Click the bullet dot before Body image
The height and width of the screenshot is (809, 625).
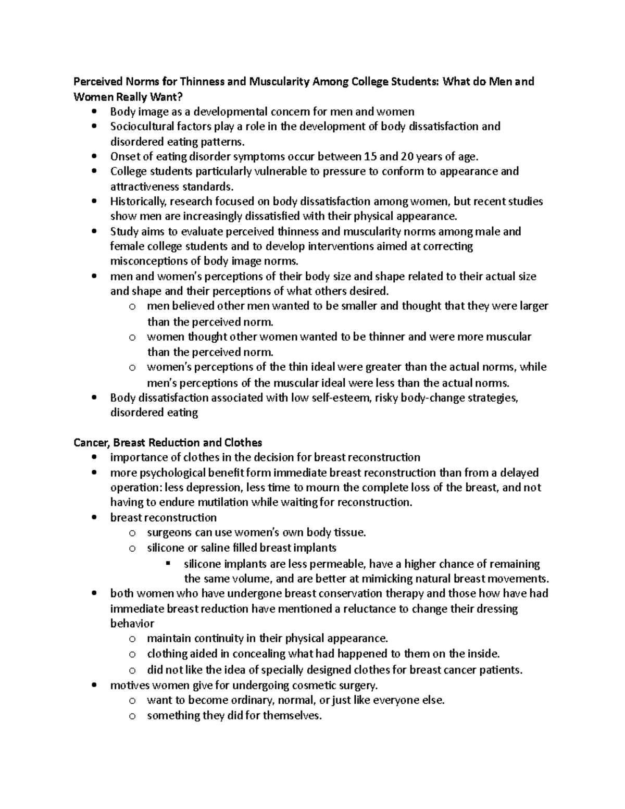(94, 111)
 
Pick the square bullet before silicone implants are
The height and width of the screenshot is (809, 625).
(168, 564)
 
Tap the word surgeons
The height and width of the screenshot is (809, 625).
(169, 532)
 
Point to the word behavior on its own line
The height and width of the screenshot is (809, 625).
(132, 623)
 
